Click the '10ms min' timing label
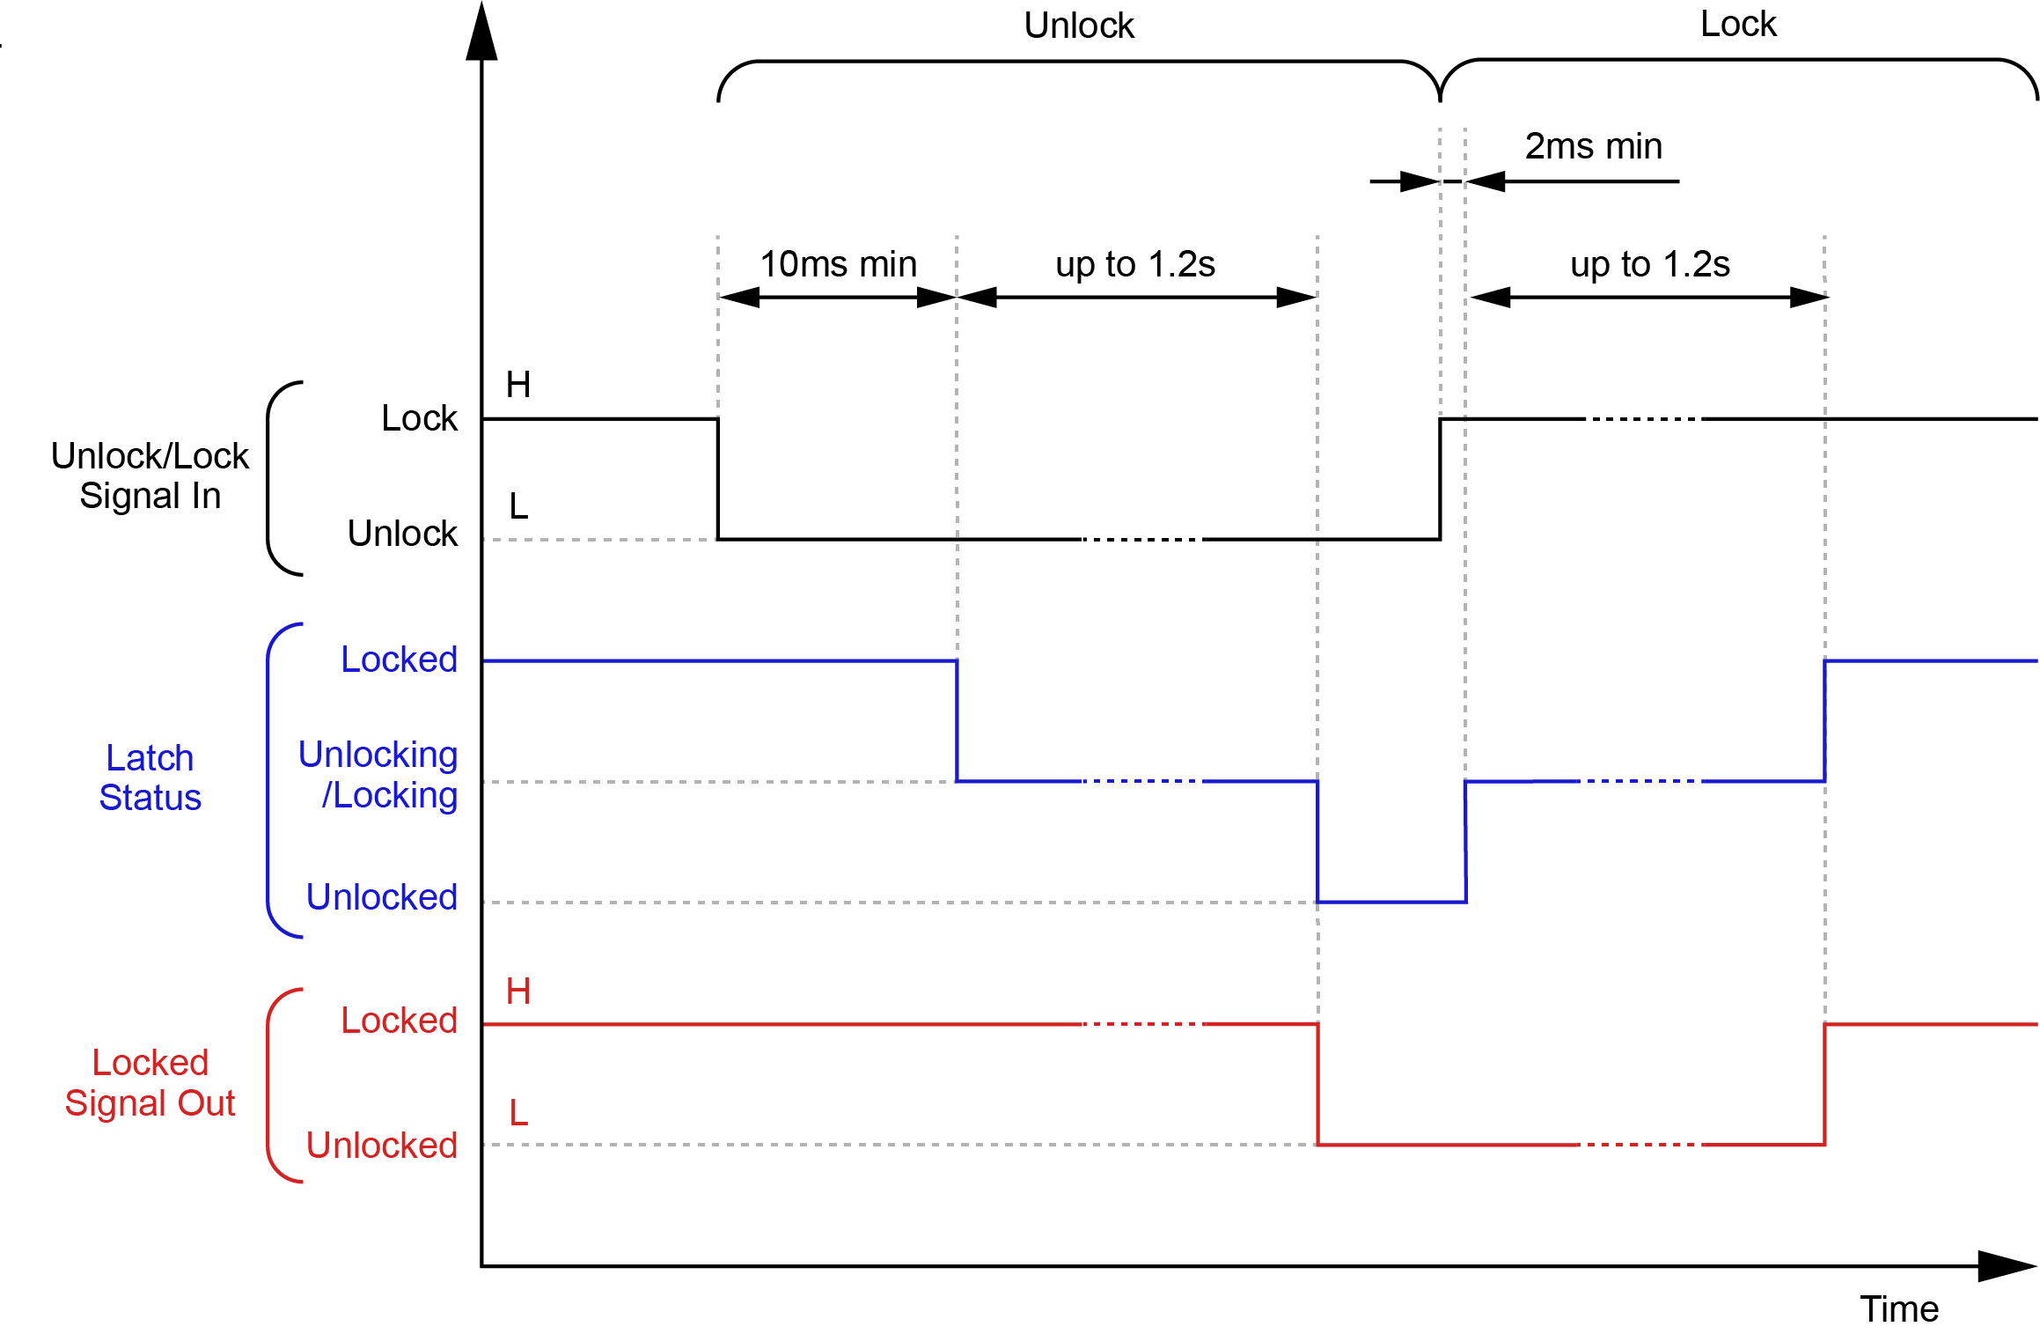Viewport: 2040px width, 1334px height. click(838, 264)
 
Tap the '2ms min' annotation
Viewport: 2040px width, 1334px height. click(1593, 146)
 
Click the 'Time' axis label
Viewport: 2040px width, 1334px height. click(1899, 1309)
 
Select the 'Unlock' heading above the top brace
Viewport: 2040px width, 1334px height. click(1079, 26)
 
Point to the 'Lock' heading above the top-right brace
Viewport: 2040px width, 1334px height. click(1738, 24)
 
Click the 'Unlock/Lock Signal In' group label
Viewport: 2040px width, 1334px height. click(150, 475)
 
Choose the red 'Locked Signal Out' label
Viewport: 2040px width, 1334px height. click(150, 1082)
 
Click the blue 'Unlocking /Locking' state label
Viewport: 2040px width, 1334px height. click(378, 774)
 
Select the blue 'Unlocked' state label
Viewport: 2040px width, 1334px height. click(382, 897)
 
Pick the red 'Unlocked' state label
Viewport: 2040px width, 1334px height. click(382, 1146)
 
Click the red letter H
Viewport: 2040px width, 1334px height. click(517, 992)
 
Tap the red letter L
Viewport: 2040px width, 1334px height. click(518, 1113)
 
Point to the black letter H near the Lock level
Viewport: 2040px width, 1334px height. click(517, 385)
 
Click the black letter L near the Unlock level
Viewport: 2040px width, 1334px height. click(518, 506)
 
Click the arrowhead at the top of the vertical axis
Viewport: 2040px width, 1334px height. click(481, 33)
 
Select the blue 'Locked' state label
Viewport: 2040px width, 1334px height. click(400, 660)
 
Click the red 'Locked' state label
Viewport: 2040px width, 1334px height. click(400, 1021)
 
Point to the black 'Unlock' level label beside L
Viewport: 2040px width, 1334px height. click(402, 534)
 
